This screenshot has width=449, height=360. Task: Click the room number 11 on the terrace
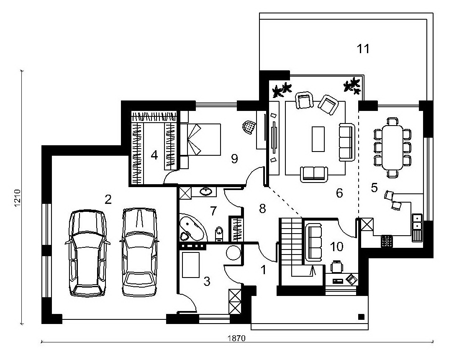point(363,49)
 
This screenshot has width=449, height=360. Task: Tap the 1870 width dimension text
point(236,338)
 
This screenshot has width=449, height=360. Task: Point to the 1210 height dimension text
point(18,198)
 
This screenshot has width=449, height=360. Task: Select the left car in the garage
point(87,253)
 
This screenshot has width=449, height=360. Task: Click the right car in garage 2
point(139,252)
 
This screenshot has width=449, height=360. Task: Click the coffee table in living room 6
point(318,139)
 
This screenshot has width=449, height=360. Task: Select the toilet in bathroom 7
point(219,234)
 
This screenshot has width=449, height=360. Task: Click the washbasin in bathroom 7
point(205,191)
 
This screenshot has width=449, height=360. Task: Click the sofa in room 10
point(313,242)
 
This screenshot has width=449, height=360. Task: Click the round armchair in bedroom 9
point(249,126)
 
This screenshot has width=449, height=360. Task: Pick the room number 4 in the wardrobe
point(154,155)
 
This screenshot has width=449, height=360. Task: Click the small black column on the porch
point(362,316)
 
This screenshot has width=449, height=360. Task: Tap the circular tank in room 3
point(233,253)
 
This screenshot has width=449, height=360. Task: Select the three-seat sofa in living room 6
point(347,142)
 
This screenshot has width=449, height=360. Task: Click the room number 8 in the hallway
point(262,209)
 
